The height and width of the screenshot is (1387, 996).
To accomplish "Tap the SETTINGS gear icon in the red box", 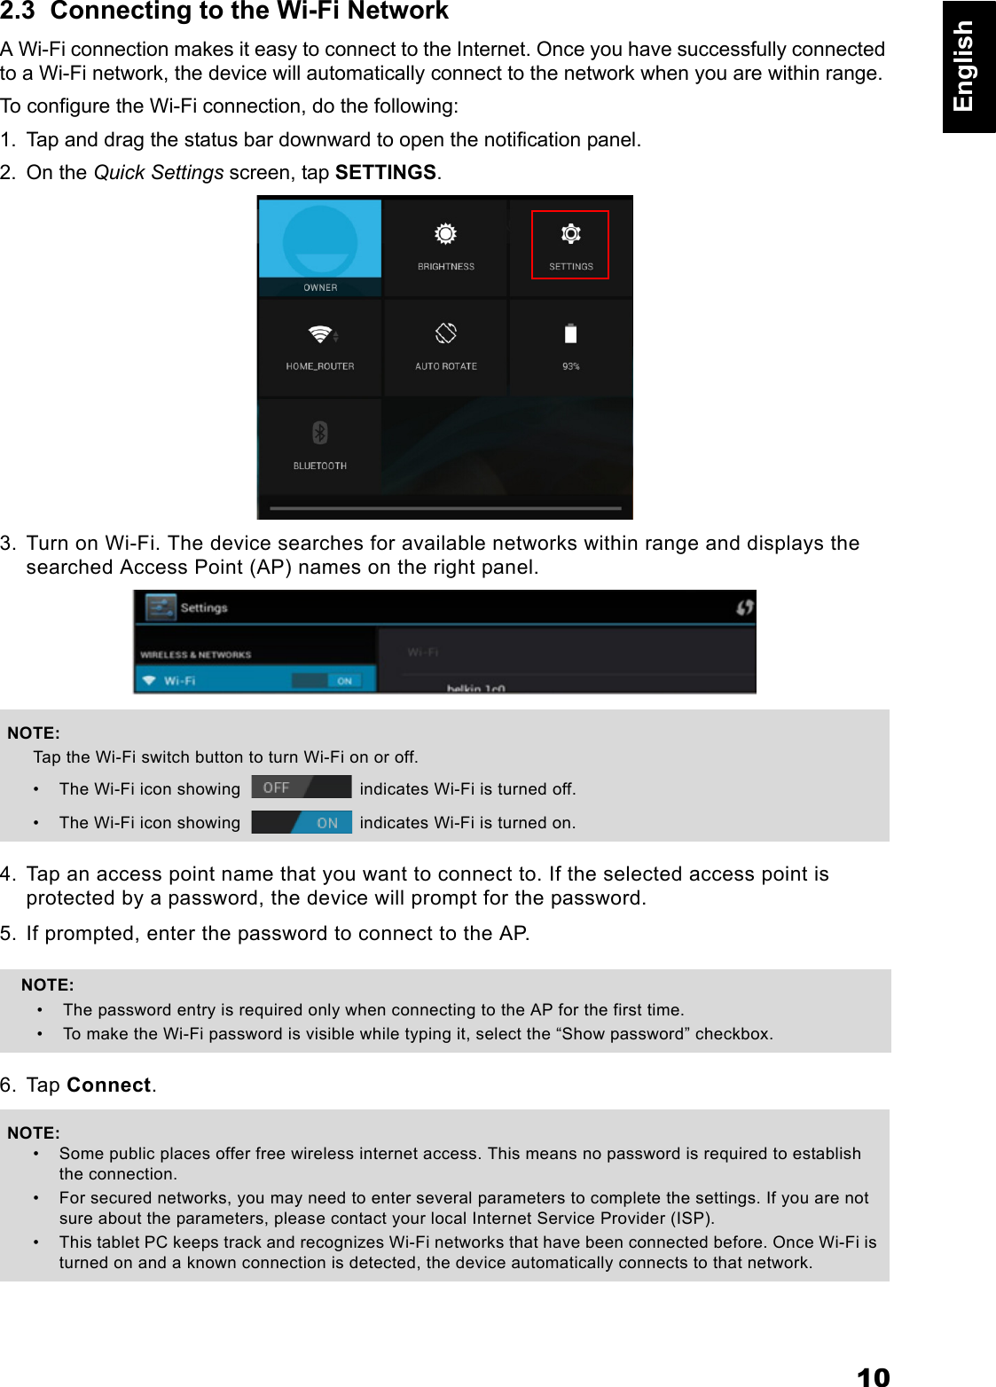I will click(570, 234).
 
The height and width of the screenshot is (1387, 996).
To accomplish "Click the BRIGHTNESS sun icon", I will click(445, 234).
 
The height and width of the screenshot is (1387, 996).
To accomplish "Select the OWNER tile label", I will click(320, 287).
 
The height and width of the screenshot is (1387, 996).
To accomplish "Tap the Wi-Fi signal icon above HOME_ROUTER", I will click(320, 334).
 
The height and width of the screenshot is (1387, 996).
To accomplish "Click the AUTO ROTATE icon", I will click(445, 333).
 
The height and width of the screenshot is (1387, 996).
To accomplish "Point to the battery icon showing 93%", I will click(570, 333).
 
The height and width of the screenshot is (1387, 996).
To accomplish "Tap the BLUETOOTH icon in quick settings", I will click(320, 433).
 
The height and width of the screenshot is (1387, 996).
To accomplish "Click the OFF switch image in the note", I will click(301, 788).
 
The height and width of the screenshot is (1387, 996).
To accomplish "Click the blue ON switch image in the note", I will click(302, 822).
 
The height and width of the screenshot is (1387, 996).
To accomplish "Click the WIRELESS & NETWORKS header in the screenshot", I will click(196, 654).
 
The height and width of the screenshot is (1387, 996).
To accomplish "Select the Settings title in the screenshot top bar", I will click(204, 607).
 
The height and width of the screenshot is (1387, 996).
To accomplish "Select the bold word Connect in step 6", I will click(108, 1085).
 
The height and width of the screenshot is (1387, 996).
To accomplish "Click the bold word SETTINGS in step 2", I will click(385, 172).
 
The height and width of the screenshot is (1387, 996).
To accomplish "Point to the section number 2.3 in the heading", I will click(17, 12).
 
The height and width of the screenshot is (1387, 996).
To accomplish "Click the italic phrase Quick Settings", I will click(158, 172).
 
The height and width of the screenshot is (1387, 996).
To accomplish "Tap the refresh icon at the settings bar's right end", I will click(744, 607).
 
